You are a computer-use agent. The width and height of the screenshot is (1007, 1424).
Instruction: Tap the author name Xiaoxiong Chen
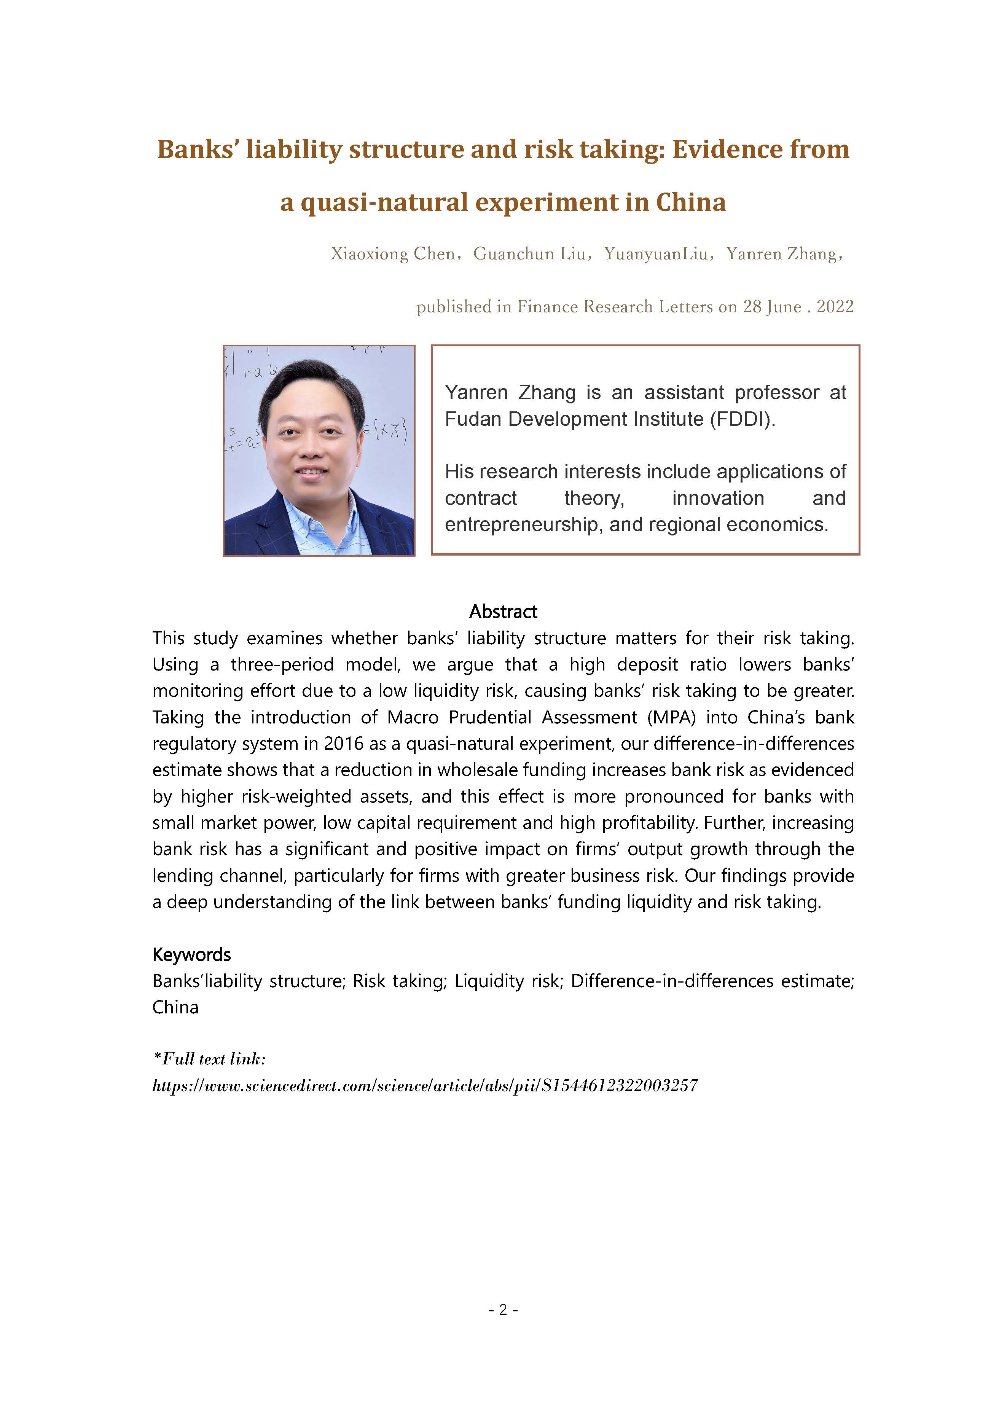click(392, 254)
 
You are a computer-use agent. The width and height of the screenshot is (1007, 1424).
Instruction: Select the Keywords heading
click(191, 954)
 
